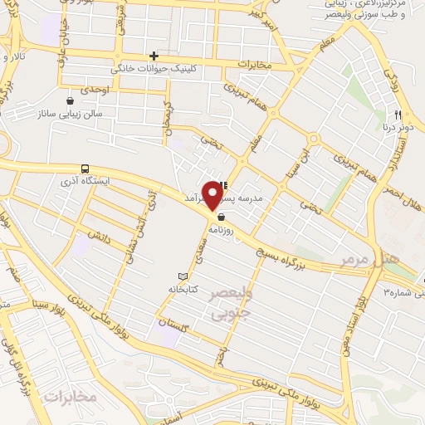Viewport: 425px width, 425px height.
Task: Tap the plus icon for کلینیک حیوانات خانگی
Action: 154,55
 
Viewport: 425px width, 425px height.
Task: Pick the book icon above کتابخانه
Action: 183,276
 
